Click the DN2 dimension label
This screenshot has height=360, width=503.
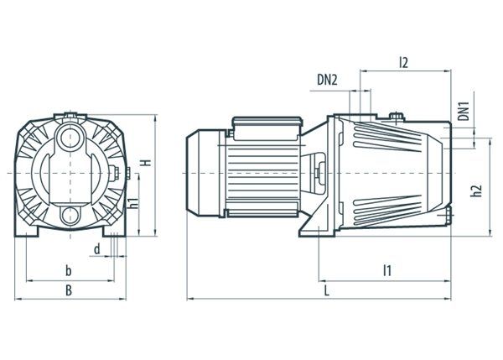coord(327,80)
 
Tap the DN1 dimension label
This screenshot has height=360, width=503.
coord(464,111)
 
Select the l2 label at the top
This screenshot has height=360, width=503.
coord(403,62)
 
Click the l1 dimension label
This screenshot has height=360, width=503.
coord(387,270)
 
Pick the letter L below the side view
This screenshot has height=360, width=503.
coord(327,291)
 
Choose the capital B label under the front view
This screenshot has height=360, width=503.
coord(69,290)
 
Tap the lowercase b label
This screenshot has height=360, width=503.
coord(69,271)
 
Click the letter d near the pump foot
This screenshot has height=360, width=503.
coord(97,249)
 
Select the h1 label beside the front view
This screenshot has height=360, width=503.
coord(134,203)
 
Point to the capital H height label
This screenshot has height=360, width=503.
coord(147,163)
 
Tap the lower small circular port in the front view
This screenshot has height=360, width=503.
coord(70,215)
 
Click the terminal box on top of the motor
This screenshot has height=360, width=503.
coord(267,128)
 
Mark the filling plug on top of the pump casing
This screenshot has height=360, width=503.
coord(397,117)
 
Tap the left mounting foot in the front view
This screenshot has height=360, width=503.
coord(26,232)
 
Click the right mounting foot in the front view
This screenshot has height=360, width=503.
coord(115,232)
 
